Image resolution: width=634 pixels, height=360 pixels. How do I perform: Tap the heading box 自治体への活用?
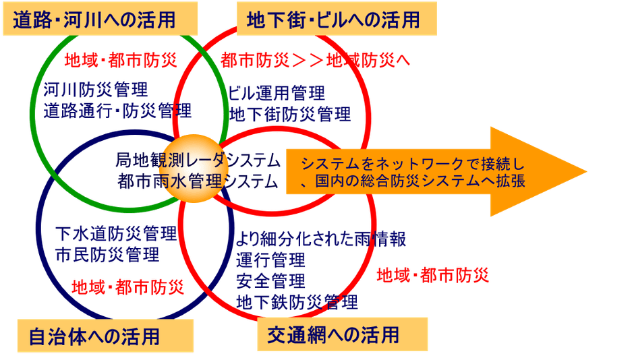point(95,335)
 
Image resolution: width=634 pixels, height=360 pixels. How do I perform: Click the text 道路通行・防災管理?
point(117,109)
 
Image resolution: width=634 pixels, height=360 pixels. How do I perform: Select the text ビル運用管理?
point(277,92)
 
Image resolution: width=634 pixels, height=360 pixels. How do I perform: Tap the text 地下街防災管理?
point(290,113)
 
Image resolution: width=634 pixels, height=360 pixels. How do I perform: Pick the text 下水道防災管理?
point(115,234)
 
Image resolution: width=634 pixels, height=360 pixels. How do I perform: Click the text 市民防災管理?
point(107,255)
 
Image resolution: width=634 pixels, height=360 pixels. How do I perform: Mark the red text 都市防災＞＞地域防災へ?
point(315,59)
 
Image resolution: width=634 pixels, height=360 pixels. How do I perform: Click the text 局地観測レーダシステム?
point(197,160)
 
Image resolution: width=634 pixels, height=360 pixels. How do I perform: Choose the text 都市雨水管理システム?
point(197,181)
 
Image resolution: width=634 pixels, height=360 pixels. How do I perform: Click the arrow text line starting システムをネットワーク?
point(412,163)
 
